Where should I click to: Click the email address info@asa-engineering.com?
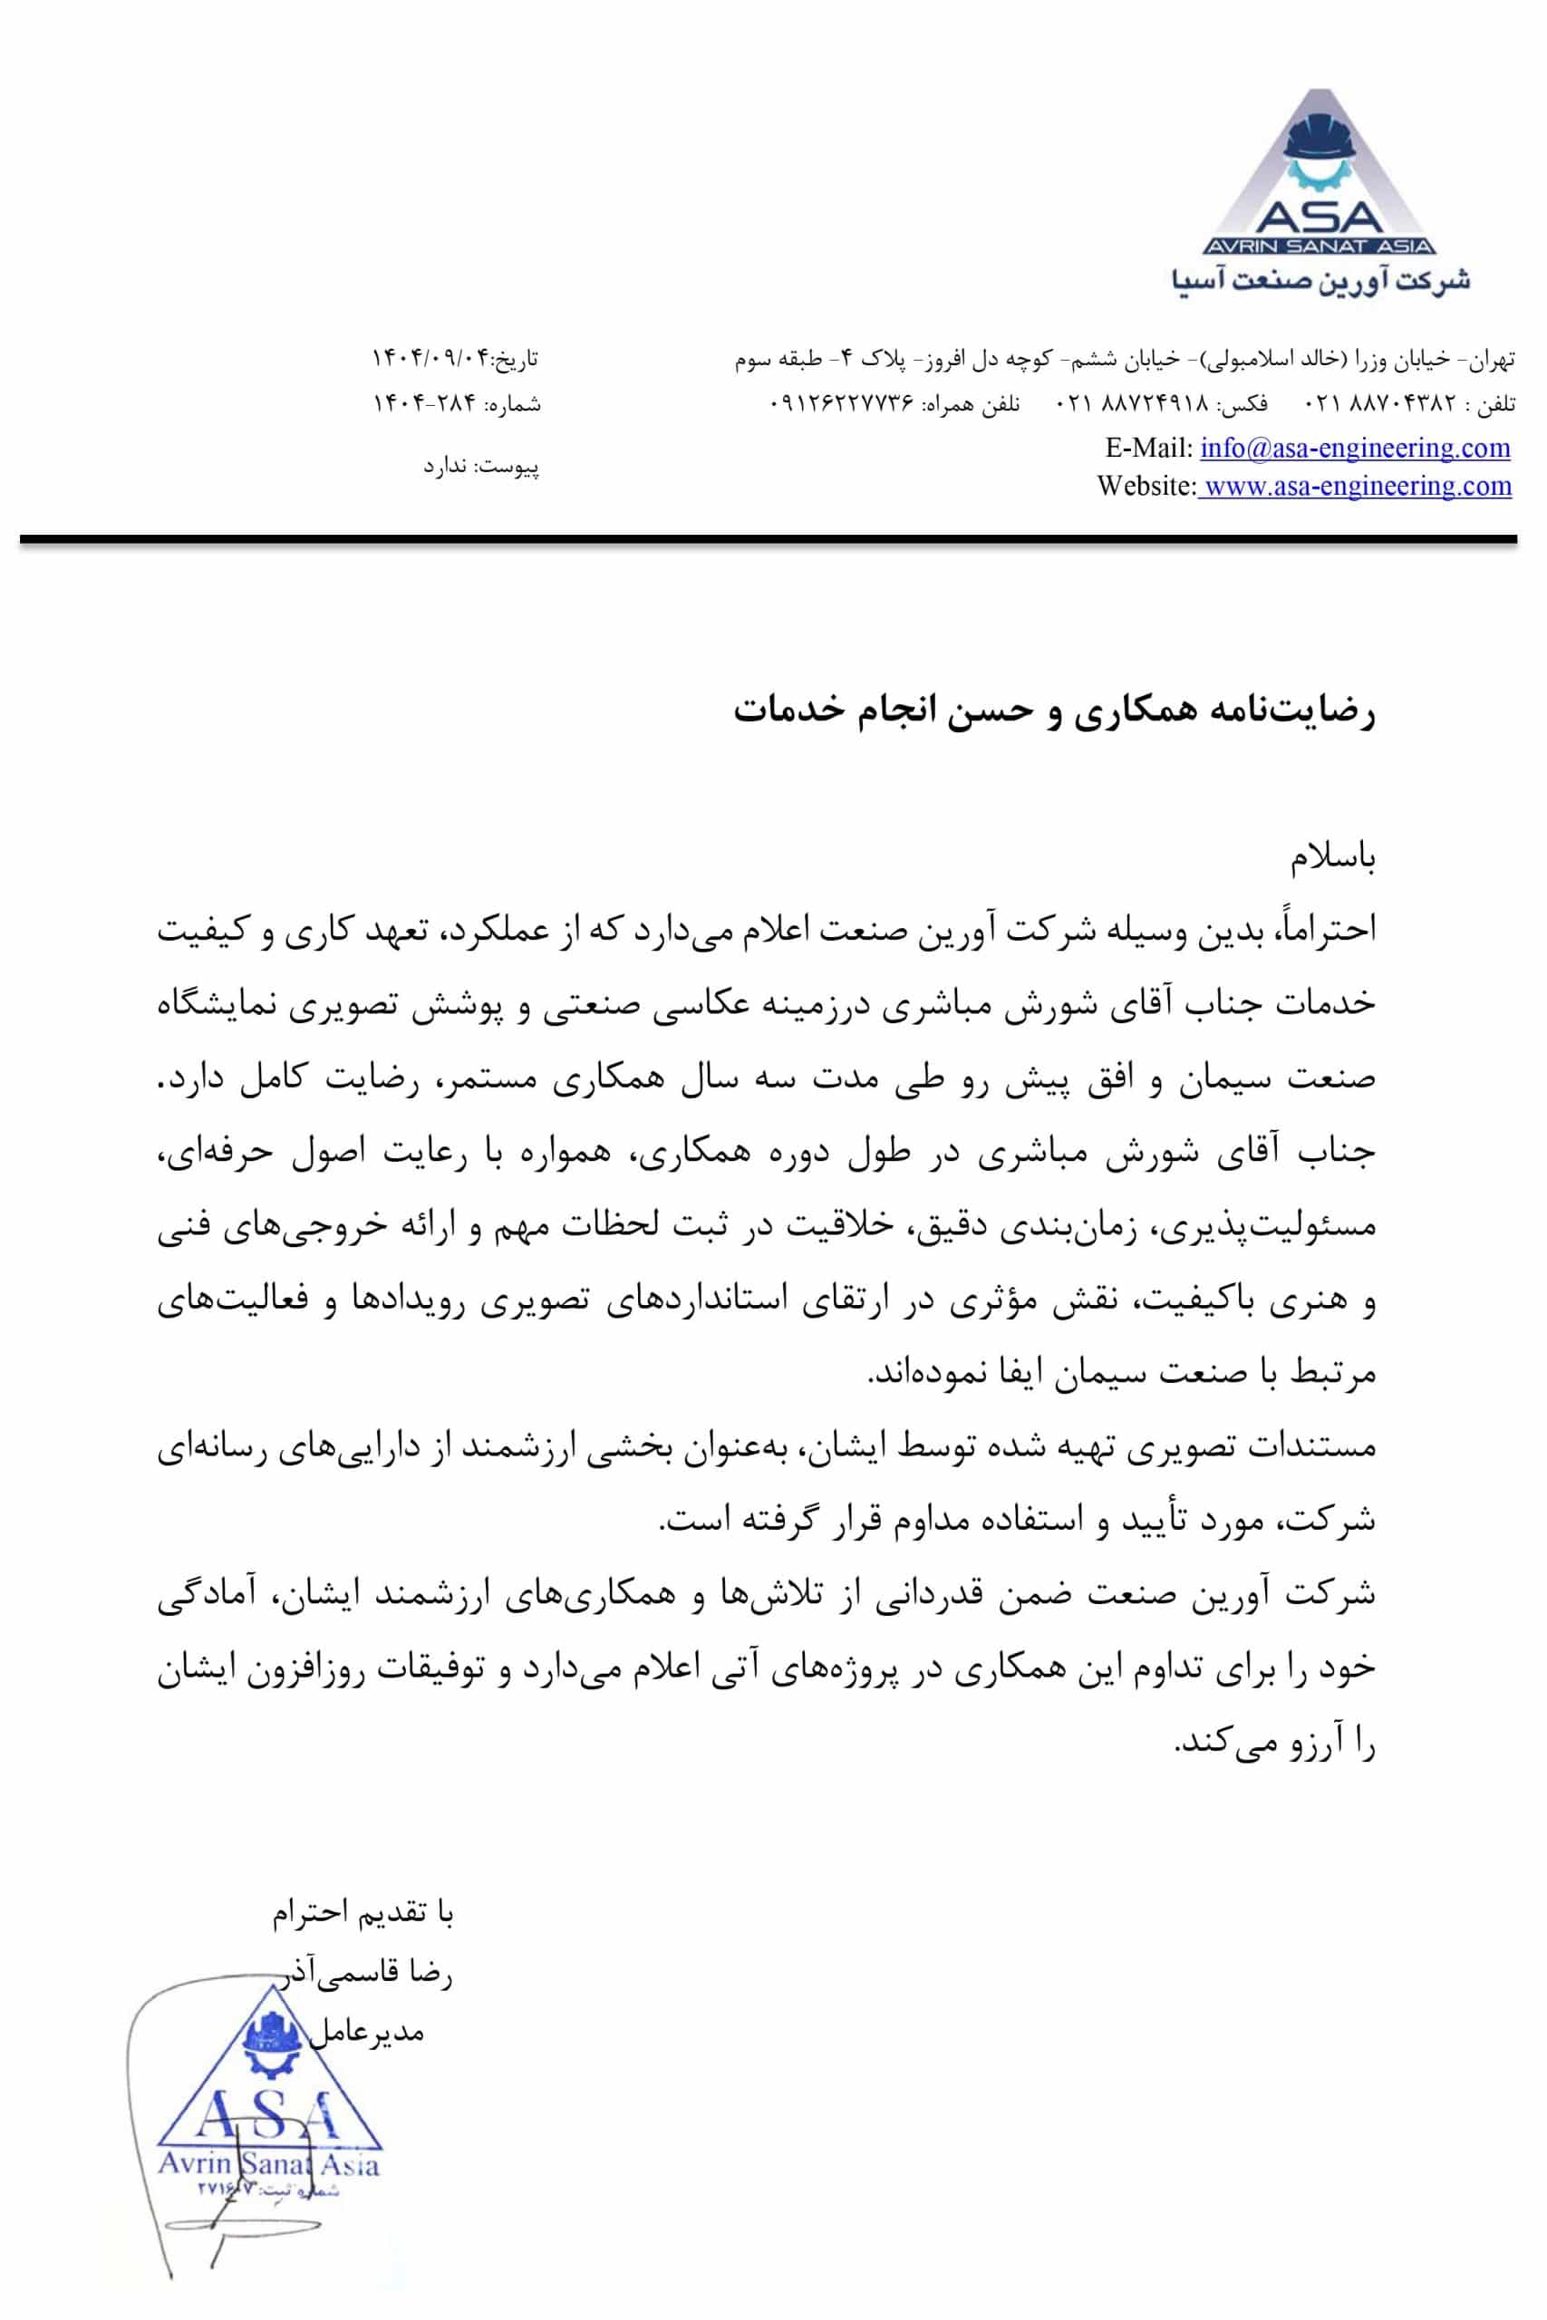[x=1355, y=448]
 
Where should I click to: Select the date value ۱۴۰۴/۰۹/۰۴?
[x=431, y=357]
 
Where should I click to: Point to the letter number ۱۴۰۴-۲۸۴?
[x=425, y=403]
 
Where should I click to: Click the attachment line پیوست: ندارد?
[x=481, y=466]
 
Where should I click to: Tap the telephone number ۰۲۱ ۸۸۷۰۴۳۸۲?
[x=1381, y=403]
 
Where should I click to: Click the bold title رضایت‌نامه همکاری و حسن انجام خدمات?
[x=1054, y=711]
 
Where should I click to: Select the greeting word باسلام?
[x=1333, y=860]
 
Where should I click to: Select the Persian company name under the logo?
[x=1321, y=281]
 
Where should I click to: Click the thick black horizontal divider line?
[x=768, y=539]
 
